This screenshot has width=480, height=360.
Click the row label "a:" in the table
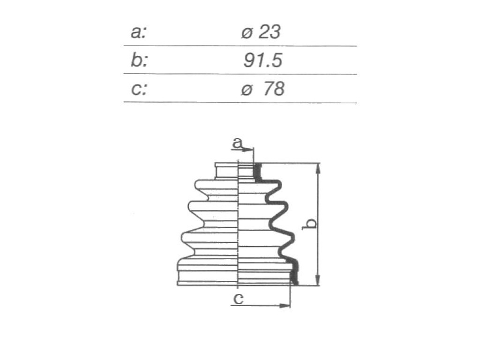pos(139,32)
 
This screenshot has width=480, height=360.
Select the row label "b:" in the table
pos(139,60)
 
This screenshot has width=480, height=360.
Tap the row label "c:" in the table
pos(139,89)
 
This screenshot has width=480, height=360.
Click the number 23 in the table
pos(269,32)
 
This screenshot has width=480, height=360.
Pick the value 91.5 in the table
pos(262,60)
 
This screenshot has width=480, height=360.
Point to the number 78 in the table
pos(273,89)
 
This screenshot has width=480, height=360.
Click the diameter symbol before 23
pos(247,33)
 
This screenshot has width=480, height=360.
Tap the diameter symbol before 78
pos(247,90)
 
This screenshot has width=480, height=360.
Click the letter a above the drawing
pos(237,142)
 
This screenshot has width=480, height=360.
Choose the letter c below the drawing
pos(238,299)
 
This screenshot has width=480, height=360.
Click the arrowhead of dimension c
pos(285,306)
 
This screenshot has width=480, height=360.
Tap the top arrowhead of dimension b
pos(318,169)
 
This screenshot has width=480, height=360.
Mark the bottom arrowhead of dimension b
pos(318,279)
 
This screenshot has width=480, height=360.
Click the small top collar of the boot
pos(226,171)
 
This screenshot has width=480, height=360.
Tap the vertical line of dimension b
pos(318,225)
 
